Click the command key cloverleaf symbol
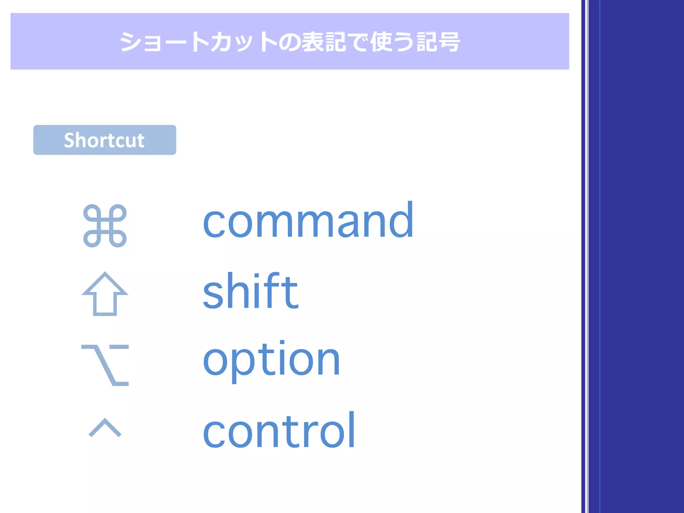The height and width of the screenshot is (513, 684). (105, 226)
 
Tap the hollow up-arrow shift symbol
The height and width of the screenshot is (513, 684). (105, 294)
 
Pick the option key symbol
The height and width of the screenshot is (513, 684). (105, 365)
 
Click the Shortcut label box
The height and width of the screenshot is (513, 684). (105, 140)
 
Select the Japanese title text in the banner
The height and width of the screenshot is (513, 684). (290, 42)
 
